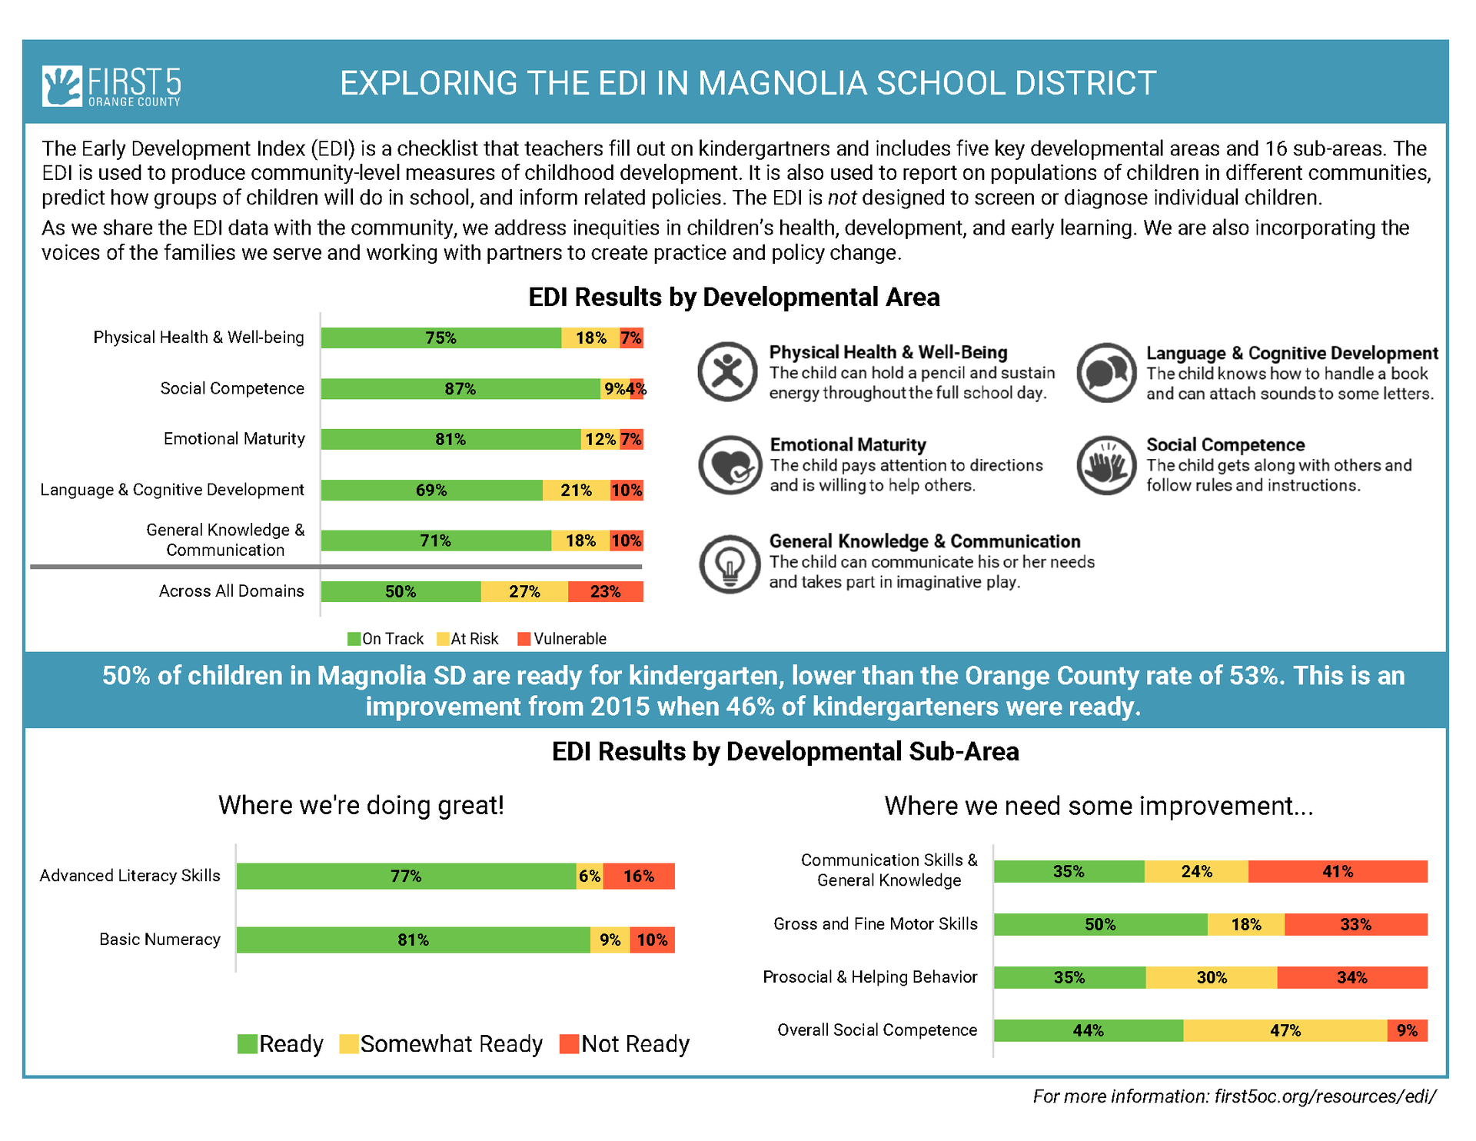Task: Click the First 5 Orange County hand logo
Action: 62,85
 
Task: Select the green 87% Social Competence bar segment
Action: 460,389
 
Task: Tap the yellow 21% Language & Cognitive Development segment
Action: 577,491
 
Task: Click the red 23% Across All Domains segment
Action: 606,591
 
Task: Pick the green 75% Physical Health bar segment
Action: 441,338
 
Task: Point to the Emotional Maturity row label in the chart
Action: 234,439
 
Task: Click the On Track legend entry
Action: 385,639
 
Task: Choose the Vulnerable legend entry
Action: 562,639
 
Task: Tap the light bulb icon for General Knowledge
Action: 730,564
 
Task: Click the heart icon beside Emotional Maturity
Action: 730,465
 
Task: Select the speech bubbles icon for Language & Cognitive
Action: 1106,373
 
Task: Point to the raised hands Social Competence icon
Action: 1106,465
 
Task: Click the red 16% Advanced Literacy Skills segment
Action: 639,877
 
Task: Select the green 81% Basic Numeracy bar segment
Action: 414,940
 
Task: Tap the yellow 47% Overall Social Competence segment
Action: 1285,1031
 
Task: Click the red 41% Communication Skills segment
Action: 1338,872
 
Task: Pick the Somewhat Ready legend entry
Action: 441,1044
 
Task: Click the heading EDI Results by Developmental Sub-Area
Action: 786,752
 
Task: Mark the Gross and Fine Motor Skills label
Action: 876,924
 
